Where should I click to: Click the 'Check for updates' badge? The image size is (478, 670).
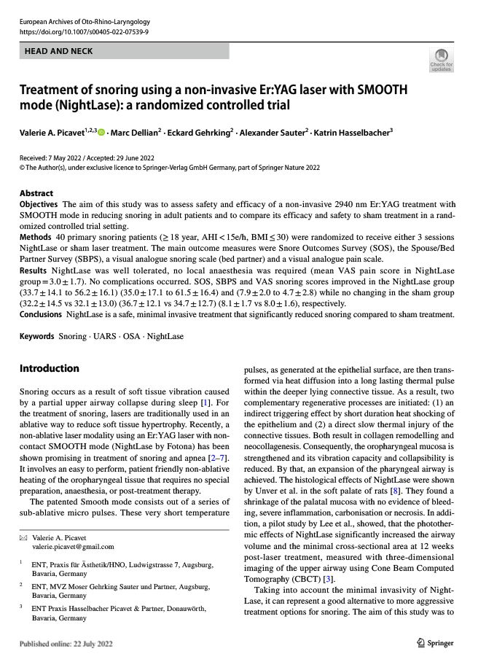click(x=441, y=60)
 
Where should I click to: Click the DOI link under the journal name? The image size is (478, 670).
click(x=84, y=32)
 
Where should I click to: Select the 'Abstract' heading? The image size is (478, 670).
click(x=36, y=194)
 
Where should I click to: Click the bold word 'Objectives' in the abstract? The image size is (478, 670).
click(x=39, y=204)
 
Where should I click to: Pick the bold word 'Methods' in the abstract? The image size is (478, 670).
click(x=35, y=237)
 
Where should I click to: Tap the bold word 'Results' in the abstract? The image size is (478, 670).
click(x=34, y=270)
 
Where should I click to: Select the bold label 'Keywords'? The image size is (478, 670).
click(x=37, y=337)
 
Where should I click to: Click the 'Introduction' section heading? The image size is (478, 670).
click(x=49, y=368)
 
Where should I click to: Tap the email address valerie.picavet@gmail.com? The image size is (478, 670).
click(x=73, y=546)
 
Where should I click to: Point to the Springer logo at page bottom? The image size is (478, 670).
click(x=435, y=643)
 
